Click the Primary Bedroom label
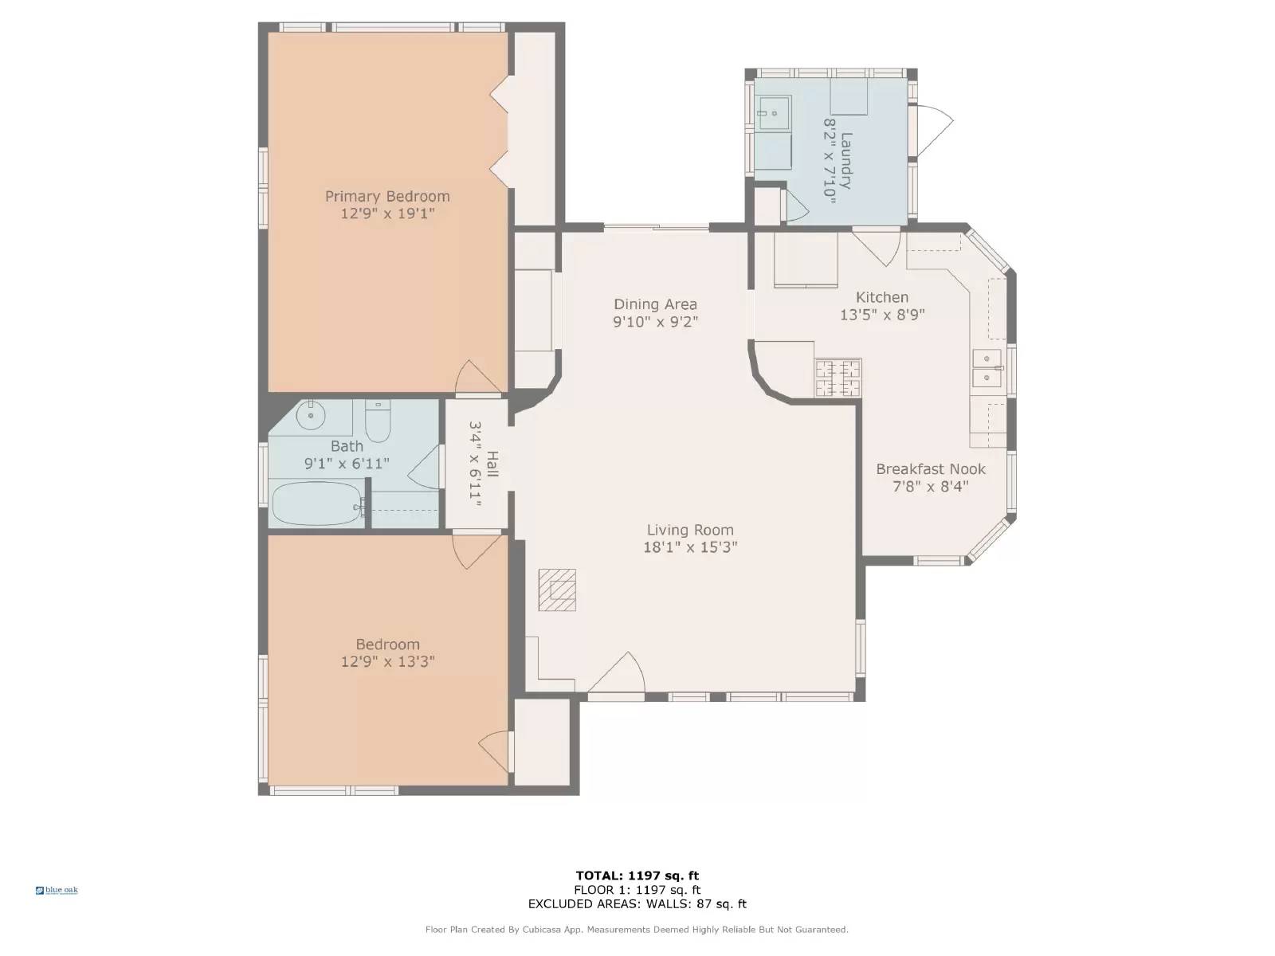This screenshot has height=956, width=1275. (387, 196)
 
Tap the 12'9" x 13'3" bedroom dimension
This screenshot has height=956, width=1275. (387, 662)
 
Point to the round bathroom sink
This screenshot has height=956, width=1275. (310, 415)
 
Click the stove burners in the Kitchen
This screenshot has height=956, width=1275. (838, 378)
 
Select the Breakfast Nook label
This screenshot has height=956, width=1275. (930, 469)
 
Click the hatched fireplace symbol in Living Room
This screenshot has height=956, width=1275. (556, 590)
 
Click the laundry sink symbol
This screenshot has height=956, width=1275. (773, 114)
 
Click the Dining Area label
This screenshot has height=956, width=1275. (655, 304)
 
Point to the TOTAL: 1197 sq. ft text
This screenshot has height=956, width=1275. (637, 876)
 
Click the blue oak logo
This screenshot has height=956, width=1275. (57, 890)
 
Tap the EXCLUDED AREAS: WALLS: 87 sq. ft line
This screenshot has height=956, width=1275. (637, 904)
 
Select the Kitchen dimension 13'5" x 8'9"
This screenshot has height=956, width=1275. (881, 315)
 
